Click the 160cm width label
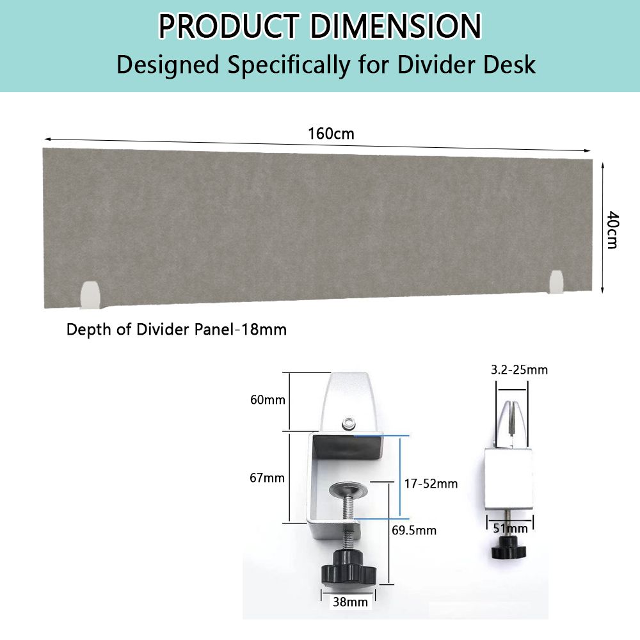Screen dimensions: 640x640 331,134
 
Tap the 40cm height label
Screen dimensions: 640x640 612,230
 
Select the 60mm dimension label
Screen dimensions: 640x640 268,399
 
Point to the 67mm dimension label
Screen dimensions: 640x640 268,478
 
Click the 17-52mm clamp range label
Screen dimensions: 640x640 431,484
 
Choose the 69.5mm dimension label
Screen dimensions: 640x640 414,530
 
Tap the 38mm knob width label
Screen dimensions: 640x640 350,602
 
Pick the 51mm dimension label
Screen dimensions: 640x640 511,529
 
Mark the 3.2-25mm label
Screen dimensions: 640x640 519,370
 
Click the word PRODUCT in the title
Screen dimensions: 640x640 229,26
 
